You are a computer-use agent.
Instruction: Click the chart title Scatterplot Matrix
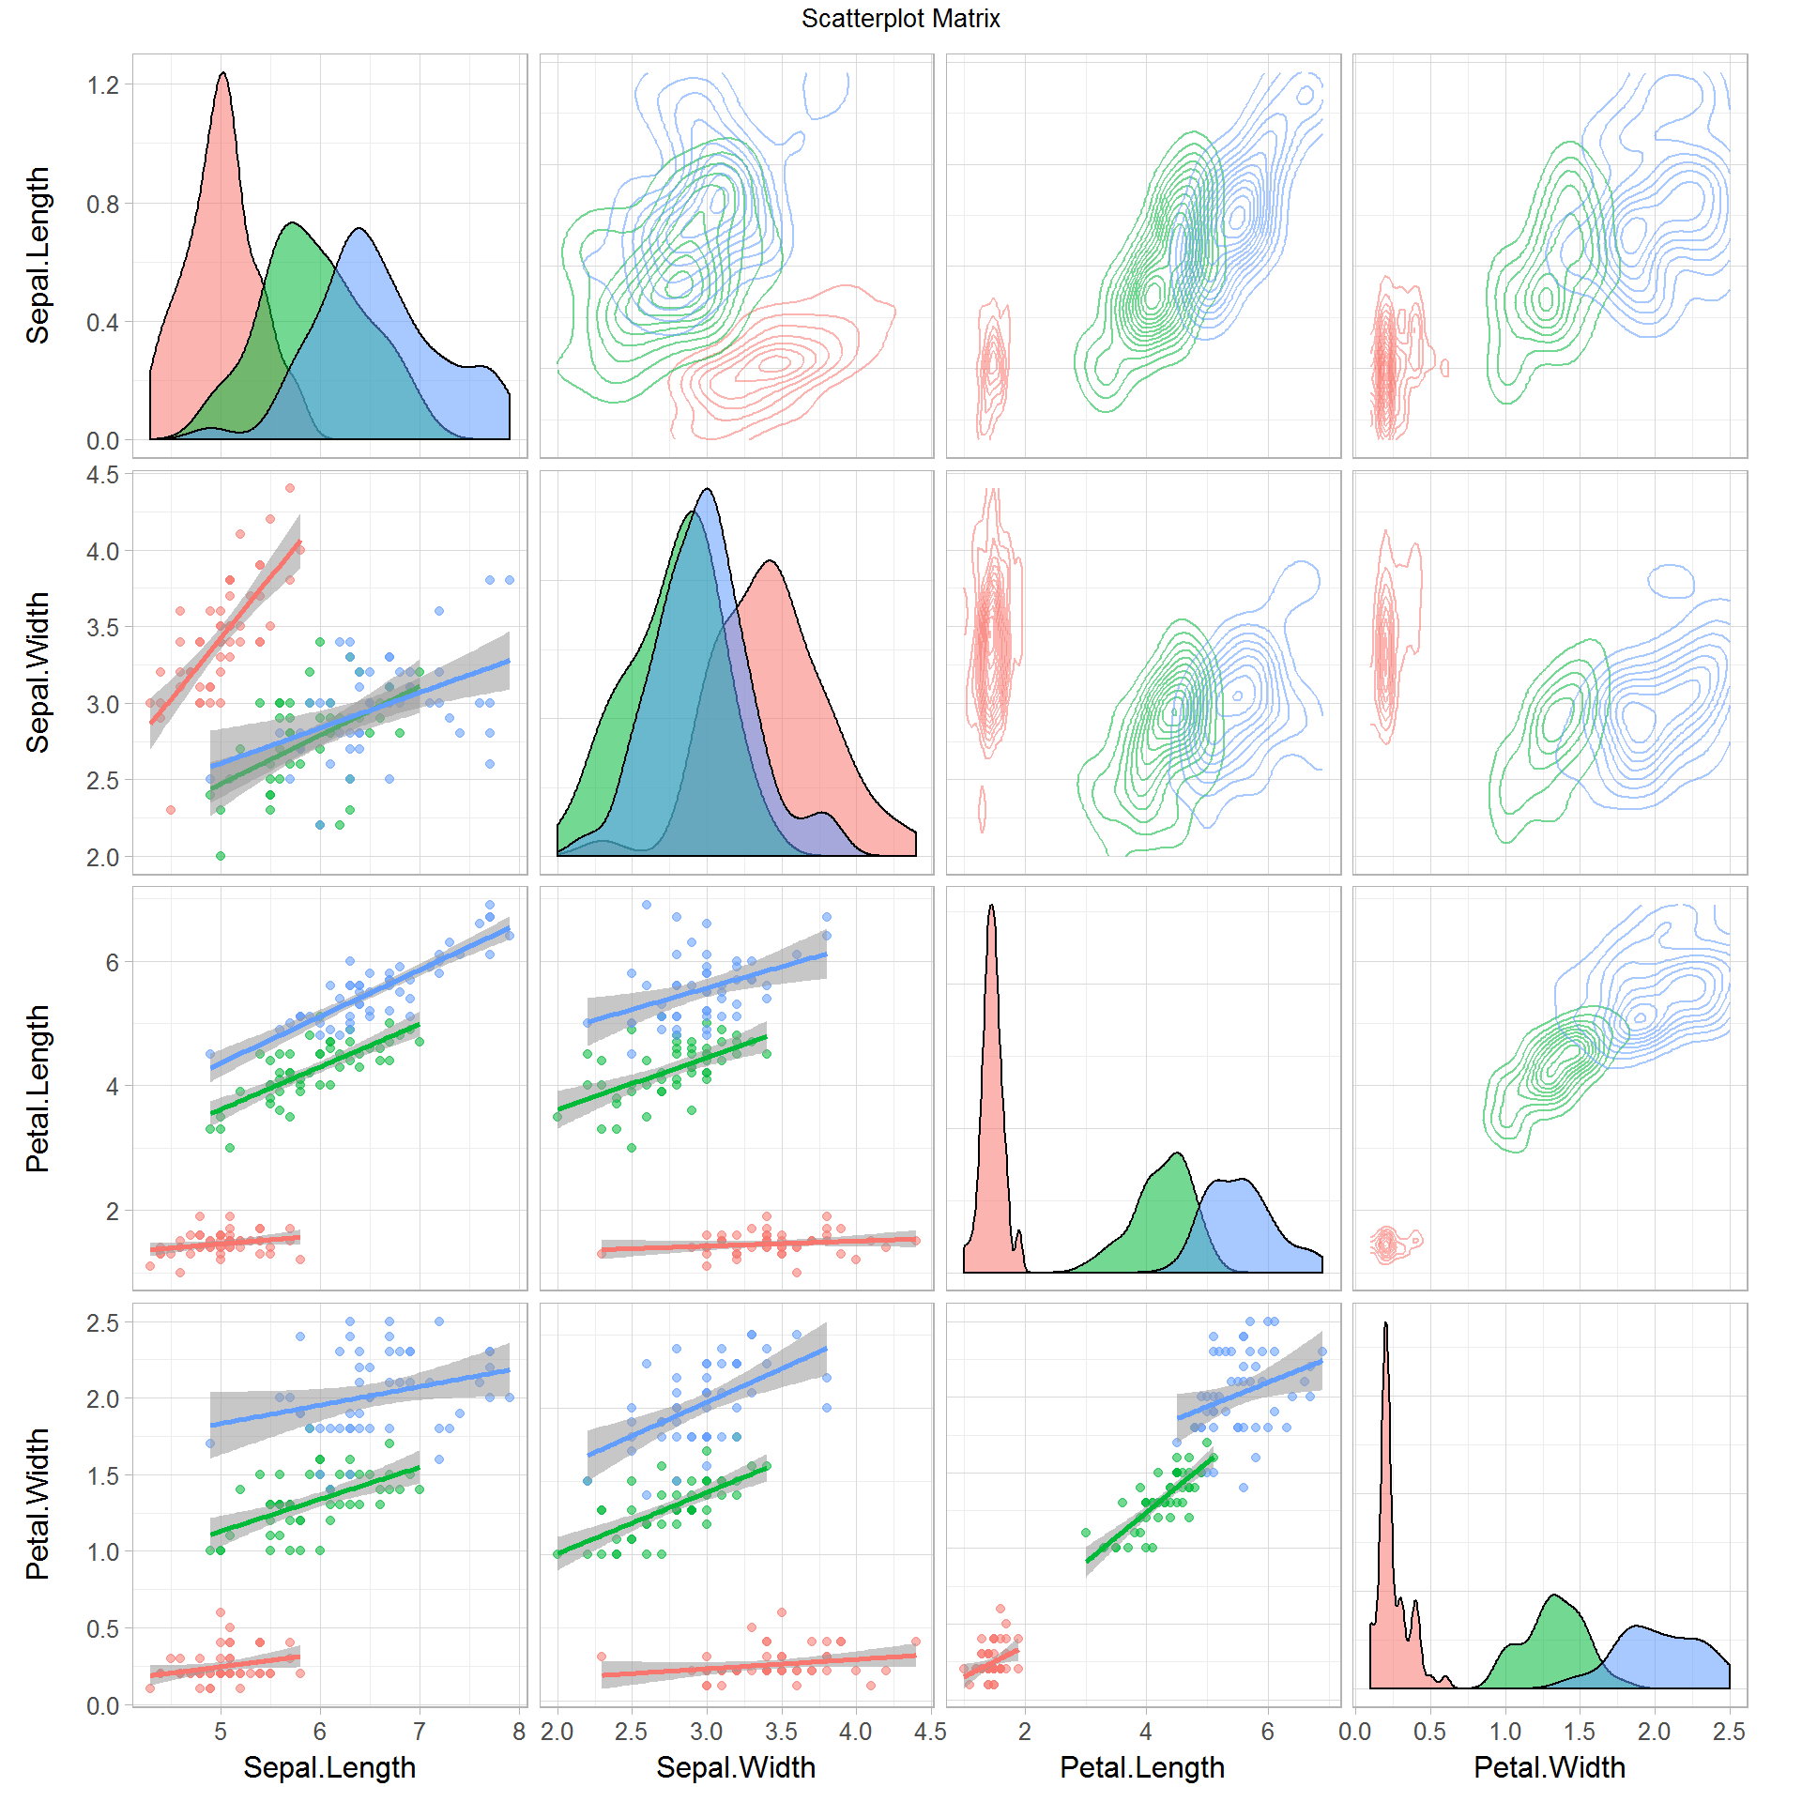point(900,19)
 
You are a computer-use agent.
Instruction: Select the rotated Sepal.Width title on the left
point(38,672)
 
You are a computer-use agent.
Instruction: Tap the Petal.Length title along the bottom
point(1142,1767)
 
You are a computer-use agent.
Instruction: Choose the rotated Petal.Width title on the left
point(38,1504)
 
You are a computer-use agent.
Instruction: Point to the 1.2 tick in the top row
point(103,85)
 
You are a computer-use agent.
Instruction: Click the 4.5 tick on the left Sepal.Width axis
point(103,475)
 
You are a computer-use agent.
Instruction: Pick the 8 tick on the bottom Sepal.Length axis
point(519,1732)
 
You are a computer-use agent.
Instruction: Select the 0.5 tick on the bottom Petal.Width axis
point(1429,1732)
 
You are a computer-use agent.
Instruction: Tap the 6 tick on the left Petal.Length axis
point(113,962)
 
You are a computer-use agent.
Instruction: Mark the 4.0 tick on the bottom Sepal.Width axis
point(855,1732)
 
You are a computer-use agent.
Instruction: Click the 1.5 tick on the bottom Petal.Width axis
point(1580,1732)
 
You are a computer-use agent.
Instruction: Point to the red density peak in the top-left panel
point(222,74)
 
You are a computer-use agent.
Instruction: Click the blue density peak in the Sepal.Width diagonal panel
point(708,490)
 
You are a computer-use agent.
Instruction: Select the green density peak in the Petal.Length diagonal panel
point(1177,1153)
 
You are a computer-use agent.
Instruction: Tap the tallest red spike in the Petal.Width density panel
point(1385,1324)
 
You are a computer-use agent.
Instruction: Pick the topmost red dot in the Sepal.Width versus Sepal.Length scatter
point(290,488)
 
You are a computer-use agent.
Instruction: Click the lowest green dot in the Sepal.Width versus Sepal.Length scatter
point(221,856)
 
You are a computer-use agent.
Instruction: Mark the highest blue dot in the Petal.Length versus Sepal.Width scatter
point(647,905)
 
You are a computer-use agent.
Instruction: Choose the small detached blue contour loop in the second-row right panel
point(1671,582)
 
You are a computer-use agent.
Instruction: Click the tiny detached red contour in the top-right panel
point(1444,367)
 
